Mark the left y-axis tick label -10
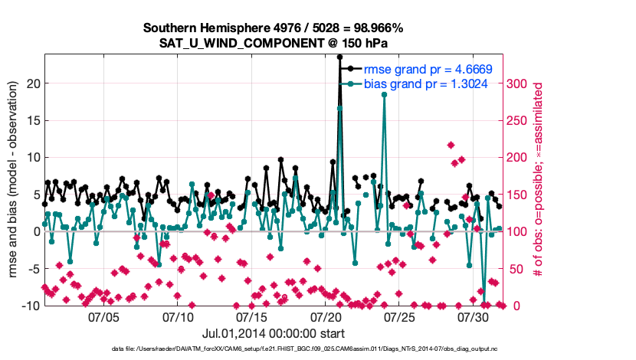click(29, 306)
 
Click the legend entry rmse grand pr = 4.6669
click(428, 69)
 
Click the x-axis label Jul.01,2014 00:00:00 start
click(273, 333)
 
